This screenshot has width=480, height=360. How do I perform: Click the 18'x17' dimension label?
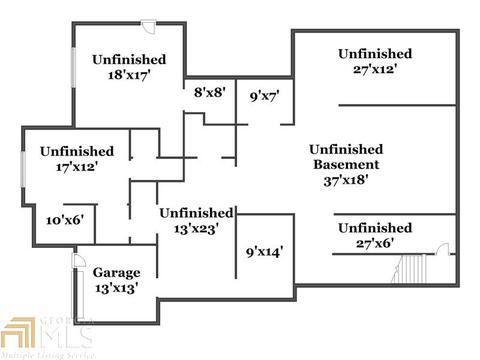coord(129,75)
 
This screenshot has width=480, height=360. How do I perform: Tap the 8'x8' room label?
coord(210,92)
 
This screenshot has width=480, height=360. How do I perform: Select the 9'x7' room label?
coord(264,96)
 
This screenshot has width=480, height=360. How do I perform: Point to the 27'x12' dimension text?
coord(375,69)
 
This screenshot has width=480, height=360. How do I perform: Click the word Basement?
coord(346,164)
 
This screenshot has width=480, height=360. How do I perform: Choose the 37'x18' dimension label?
coord(346,180)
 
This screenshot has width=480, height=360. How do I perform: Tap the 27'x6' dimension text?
coord(375,243)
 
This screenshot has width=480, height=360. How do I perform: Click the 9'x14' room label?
coord(264,252)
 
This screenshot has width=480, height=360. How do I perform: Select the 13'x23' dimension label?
coord(196,229)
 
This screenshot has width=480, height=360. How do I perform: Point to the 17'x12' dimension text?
coord(77,167)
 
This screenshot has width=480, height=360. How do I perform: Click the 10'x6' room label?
coord(65,220)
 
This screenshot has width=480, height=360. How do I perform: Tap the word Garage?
coord(116,273)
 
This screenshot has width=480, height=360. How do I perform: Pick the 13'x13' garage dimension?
coord(116,288)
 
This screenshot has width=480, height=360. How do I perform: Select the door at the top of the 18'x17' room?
coord(149,26)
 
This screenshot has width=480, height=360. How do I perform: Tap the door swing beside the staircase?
coord(443,249)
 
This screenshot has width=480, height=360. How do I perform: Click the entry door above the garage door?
coord(79,260)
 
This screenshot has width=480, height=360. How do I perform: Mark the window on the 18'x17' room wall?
coord(73,68)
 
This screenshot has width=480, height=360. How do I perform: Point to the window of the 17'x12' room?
coord(23,169)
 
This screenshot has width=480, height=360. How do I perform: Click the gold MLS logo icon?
coord(18,333)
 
